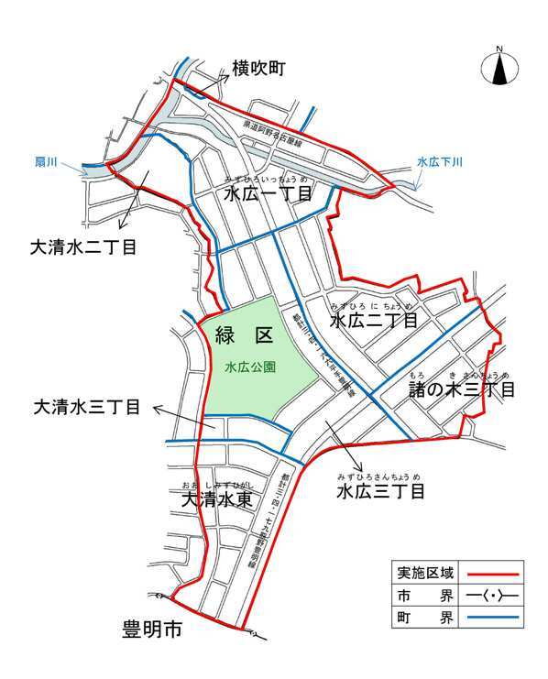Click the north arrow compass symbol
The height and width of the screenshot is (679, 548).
coord(500,67)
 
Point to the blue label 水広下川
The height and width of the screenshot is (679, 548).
coord(440,162)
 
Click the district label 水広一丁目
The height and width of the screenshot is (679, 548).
coord(269,194)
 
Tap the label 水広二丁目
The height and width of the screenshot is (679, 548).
coord(373,321)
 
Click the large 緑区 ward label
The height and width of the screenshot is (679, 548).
coord(245,335)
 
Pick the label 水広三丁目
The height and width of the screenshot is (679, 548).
coord(379,492)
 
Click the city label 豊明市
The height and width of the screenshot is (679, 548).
coord(153,630)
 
